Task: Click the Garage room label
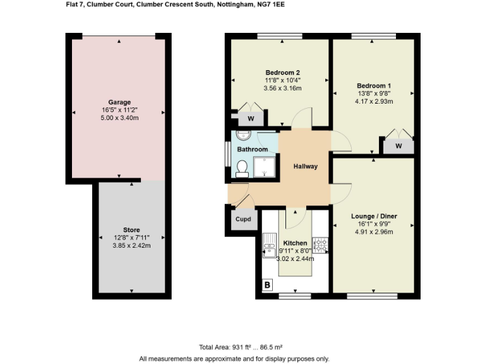[119, 102]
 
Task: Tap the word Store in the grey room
[131, 229]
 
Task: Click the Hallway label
[305, 167]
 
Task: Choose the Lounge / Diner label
[374, 216]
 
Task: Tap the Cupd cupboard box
[243, 220]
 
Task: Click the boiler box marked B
[267, 286]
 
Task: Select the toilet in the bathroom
[241, 168]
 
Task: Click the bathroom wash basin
[243, 135]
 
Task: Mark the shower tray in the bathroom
[265, 167]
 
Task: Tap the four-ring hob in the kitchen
[320, 243]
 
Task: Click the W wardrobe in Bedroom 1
[398, 147]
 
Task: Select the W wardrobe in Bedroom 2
[251, 118]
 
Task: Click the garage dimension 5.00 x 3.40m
[119, 118]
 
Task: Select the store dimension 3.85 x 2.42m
[131, 245]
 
